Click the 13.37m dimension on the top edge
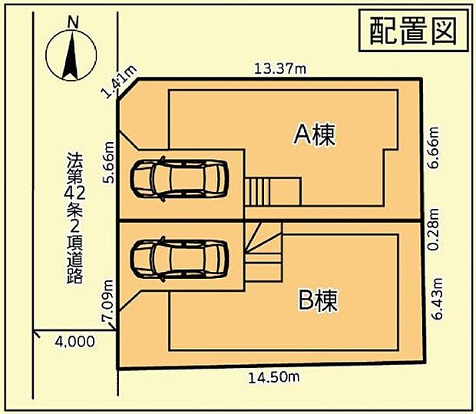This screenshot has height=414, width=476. (280, 69)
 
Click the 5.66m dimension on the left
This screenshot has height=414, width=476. (108, 163)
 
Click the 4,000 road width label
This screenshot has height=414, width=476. (75, 342)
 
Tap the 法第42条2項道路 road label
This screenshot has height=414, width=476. (75, 220)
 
